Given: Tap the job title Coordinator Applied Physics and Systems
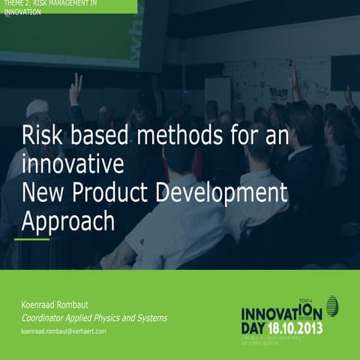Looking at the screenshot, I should (94, 318).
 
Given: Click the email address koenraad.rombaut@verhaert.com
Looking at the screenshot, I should (64, 331).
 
